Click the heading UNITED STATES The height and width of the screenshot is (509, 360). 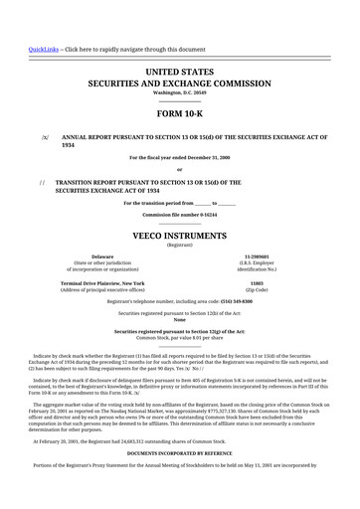[179, 73]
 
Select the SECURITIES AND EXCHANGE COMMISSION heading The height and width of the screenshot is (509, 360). [179, 85]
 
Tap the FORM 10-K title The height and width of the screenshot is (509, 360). [179, 112]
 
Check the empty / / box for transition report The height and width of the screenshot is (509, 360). [41, 183]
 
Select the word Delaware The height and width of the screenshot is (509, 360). [101, 255]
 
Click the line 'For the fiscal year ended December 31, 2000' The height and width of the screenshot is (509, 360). [179, 158]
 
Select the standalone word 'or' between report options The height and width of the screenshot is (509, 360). [179, 170]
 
